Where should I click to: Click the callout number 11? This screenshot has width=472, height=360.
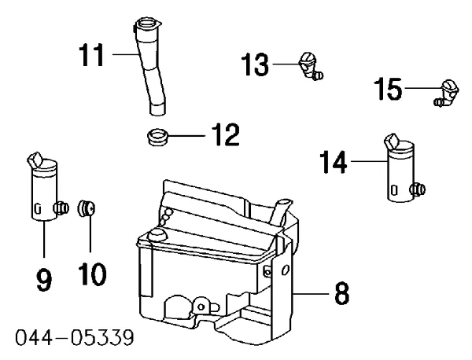(x=93, y=57)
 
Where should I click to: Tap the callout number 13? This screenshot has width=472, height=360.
(x=256, y=66)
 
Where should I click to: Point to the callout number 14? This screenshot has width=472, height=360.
(x=333, y=163)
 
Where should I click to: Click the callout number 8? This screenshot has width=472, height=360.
(x=341, y=295)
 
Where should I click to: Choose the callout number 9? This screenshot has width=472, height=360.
(x=44, y=278)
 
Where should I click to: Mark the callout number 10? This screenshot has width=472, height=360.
(x=92, y=275)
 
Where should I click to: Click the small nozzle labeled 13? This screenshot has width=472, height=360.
(x=308, y=65)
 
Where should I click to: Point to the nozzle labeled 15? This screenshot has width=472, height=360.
(x=448, y=92)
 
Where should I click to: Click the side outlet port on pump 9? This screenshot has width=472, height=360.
(x=59, y=207)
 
